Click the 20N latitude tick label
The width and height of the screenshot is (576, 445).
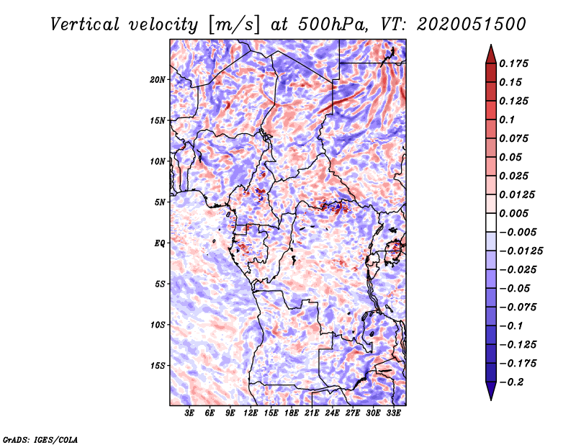pyautogui.click(x=158, y=79)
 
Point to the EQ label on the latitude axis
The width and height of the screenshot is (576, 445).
pyautogui.click(x=159, y=243)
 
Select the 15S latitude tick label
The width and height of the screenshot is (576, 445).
pyautogui.click(x=158, y=365)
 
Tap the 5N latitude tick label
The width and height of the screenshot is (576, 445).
pyautogui.click(x=159, y=202)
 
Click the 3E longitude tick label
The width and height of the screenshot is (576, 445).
pyautogui.click(x=190, y=413)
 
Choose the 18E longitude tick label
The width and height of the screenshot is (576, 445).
pyautogui.click(x=292, y=413)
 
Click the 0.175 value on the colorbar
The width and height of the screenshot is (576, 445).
pyautogui.click(x=515, y=63)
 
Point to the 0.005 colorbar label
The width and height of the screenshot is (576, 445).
pyautogui.click(x=515, y=213)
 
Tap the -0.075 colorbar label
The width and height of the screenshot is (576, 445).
pyautogui.click(x=519, y=307)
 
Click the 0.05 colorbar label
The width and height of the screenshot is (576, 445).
pyautogui.click(x=512, y=157)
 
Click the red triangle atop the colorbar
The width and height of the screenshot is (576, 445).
pyautogui.click(x=490, y=53)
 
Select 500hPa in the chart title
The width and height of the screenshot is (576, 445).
pyautogui.click(x=328, y=24)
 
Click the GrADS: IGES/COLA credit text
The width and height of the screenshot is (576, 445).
pyautogui.click(x=40, y=439)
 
